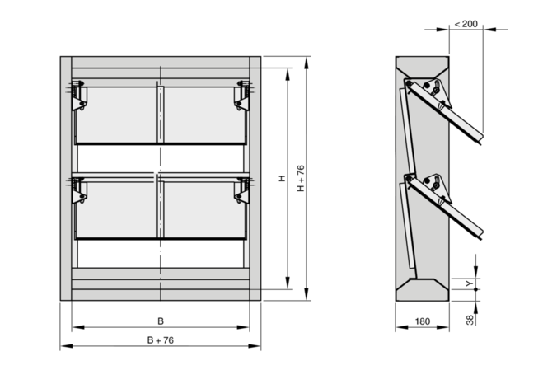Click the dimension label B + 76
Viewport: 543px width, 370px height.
click(161, 340)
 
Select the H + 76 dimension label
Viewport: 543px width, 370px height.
click(301, 178)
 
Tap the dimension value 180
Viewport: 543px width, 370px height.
click(422, 321)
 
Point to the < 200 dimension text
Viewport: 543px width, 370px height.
click(466, 24)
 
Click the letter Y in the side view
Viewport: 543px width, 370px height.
click(469, 283)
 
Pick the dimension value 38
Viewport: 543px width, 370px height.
click(470, 320)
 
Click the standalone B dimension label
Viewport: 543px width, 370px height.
click(161, 321)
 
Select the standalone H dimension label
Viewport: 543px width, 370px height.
click(282, 179)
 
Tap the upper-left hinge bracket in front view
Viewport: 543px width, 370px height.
click(79, 96)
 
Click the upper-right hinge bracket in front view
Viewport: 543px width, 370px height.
click(242, 96)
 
